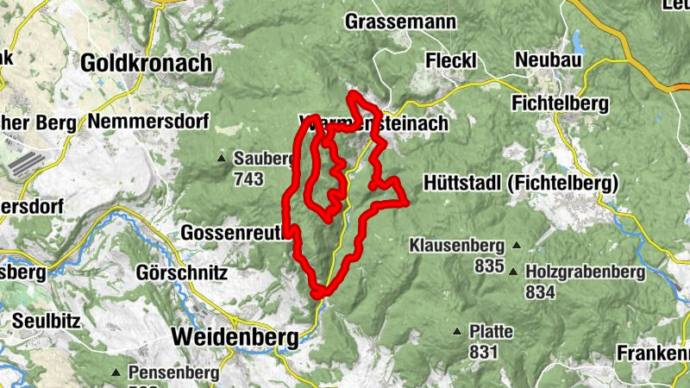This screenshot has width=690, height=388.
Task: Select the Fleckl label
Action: click(x=452, y=59)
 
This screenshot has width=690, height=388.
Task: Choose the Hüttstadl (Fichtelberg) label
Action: click(x=522, y=184)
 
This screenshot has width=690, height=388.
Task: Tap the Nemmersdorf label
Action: click(x=149, y=122)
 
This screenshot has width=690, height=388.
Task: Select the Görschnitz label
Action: click(x=182, y=273)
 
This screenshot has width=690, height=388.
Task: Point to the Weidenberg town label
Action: click(x=235, y=336)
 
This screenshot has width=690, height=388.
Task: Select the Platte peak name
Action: click(x=491, y=331)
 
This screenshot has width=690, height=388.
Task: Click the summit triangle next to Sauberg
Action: click(x=222, y=159)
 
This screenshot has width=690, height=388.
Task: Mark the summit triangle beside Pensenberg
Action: click(x=116, y=372)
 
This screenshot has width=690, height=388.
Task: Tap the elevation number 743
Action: click(x=248, y=178)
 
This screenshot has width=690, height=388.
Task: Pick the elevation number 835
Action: click(x=488, y=266)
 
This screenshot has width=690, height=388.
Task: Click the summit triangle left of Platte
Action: click(x=457, y=331)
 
